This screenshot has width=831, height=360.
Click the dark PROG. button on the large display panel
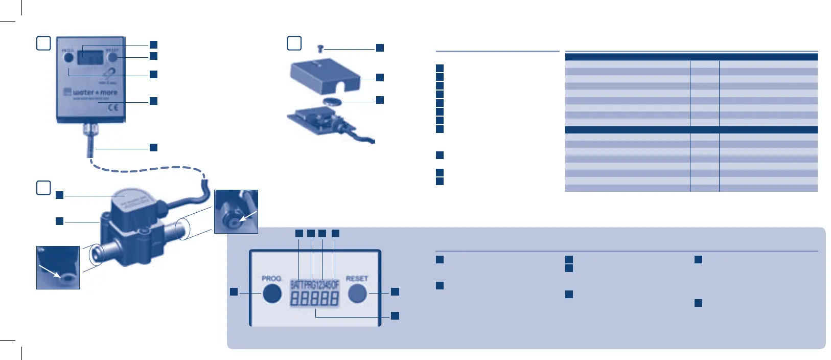pyautogui.click(x=272, y=293)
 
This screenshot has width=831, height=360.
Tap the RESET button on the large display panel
pyautogui.click(x=357, y=293)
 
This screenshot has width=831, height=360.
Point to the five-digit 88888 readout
pyautogui.click(x=314, y=299)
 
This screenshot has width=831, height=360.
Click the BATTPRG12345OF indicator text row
pyautogui.click(x=314, y=284)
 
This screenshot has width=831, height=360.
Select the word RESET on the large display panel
pyautogui.click(x=357, y=279)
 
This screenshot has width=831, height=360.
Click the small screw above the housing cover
pyautogui.click(x=320, y=49)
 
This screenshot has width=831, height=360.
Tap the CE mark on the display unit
pyautogui.click(x=113, y=107)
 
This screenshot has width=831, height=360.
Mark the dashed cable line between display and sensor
pyautogui.click(x=148, y=168)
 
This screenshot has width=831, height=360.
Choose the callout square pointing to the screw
pyautogui.click(x=380, y=48)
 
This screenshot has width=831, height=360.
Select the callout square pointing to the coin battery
pyautogui.click(x=380, y=100)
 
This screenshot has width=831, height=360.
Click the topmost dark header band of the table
pyautogui.click(x=691, y=57)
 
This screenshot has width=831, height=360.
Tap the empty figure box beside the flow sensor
pyautogui.click(x=43, y=188)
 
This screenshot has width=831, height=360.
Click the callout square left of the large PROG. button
pyautogui.click(x=234, y=291)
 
